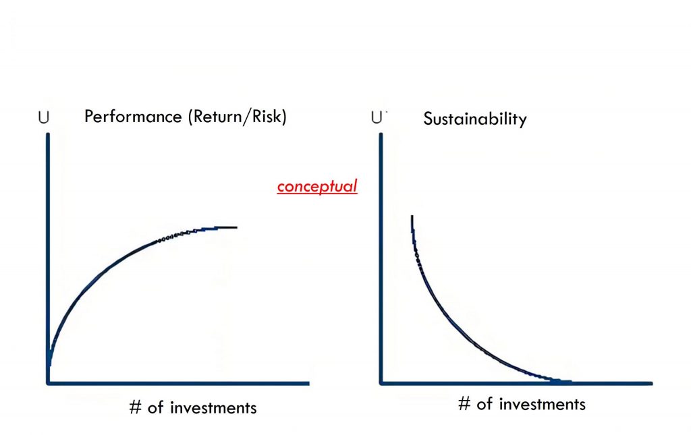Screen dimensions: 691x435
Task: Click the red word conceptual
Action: (317, 187)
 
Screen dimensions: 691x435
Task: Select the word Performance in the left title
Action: (133, 117)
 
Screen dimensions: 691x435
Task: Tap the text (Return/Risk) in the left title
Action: (237, 117)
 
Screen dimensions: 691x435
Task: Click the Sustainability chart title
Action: (474, 119)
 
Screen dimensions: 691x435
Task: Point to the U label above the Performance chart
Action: (44, 117)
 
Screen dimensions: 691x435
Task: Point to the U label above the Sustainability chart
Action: (377, 117)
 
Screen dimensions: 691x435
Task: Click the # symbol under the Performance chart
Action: (136, 407)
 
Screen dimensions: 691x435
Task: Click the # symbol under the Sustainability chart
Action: (464, 403)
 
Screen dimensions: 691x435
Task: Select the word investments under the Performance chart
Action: (213, 408)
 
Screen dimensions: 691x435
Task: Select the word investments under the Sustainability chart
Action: (542, 404)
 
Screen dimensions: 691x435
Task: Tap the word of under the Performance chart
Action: (156, 407)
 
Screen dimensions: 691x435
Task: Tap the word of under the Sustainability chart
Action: (485, 403)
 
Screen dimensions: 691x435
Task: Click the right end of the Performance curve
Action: (237, 227)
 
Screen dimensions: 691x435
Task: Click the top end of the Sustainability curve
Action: (412, 216)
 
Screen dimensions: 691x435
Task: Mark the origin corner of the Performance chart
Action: (48, 383)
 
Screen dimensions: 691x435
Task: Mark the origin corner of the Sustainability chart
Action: (381, 383)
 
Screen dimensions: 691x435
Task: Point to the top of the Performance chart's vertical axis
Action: (48, 134)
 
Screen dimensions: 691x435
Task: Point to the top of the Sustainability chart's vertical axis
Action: (381, 134)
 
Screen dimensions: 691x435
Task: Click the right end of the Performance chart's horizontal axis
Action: (309, 384)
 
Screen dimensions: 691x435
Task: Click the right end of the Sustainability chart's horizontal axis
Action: (652, 384)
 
